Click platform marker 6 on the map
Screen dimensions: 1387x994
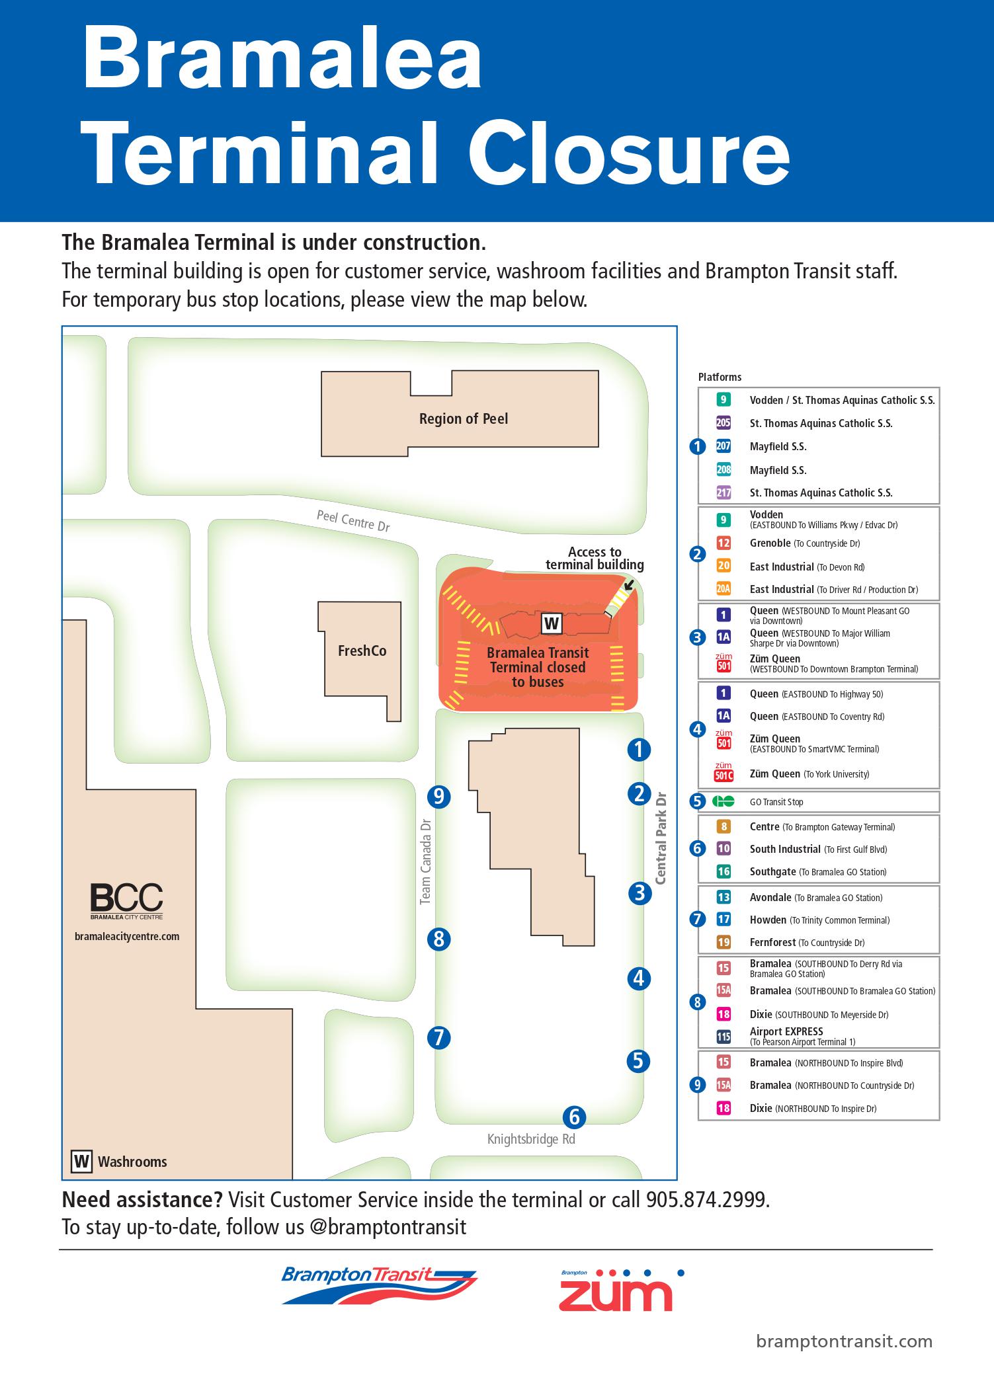574,1117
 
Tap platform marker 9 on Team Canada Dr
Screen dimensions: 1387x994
438,797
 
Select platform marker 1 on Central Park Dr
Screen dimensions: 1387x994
639,750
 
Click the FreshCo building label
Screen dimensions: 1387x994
362,651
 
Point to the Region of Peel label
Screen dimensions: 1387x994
464,418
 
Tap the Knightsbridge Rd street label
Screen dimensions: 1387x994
531,1139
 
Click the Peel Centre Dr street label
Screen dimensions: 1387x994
353,520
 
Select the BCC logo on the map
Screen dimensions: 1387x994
126,900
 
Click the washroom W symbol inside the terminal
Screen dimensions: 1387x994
552,623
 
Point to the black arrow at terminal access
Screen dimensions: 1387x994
628,584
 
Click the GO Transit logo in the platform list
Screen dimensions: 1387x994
724,802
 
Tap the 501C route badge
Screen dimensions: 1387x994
724,775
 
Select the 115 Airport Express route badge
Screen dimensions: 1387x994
724,1037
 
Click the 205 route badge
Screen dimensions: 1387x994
724,423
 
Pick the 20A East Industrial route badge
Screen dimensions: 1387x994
724,589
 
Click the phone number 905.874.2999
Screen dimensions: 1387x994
707,1199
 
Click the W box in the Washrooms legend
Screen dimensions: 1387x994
82,1162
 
